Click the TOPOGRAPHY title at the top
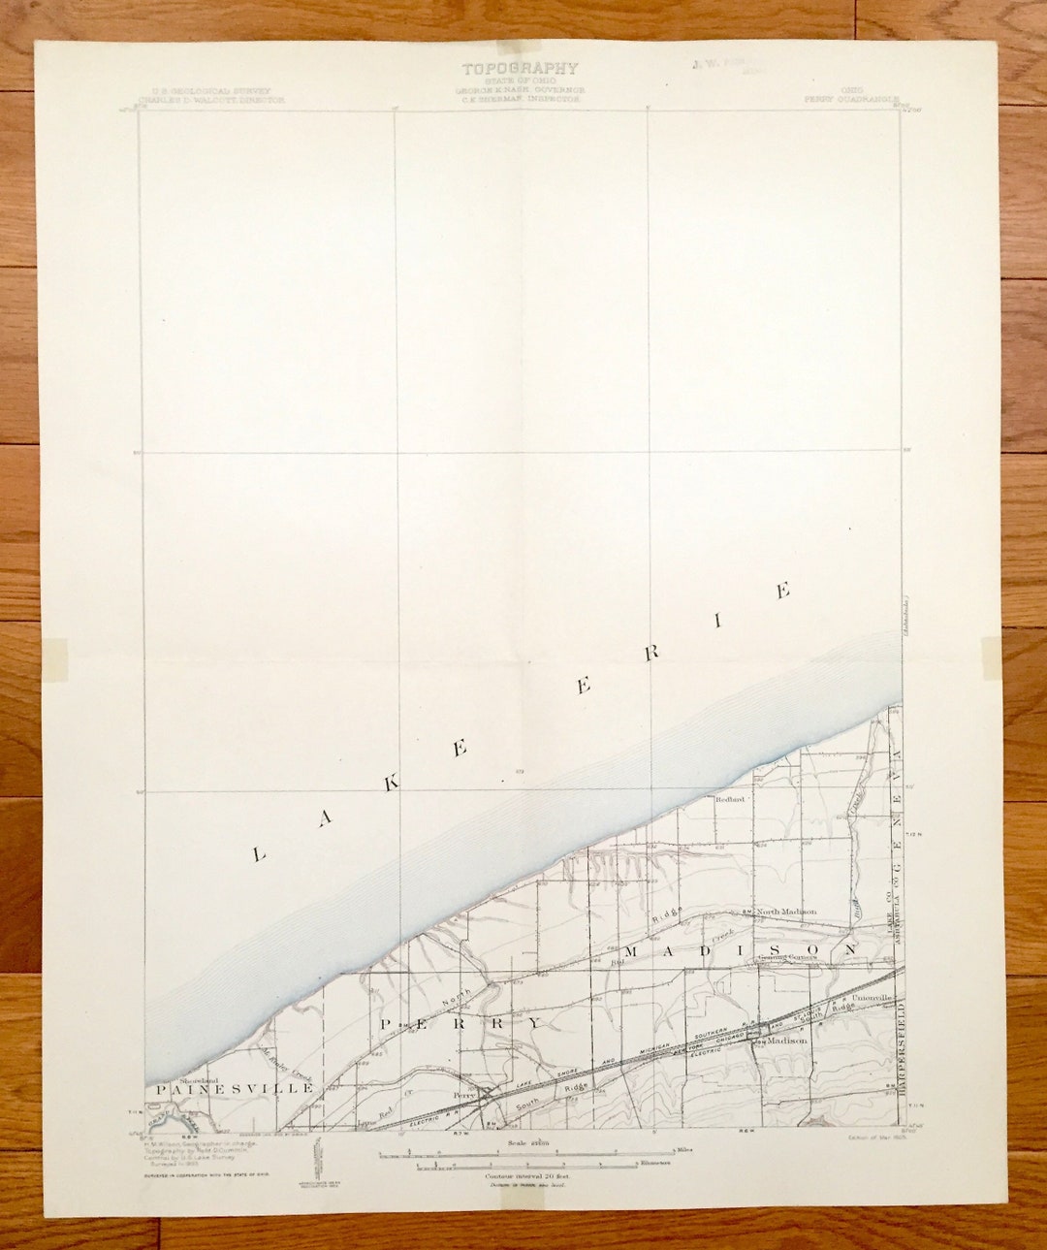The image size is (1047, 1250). tap(520, 69)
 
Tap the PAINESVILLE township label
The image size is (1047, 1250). tap(233, 1089)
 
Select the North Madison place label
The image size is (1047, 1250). tap(786, 912)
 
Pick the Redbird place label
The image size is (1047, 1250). tap(729, 800)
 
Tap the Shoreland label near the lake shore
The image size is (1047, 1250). tap(199, 1079)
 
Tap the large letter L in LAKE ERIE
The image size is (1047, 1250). tap(258, 854)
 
